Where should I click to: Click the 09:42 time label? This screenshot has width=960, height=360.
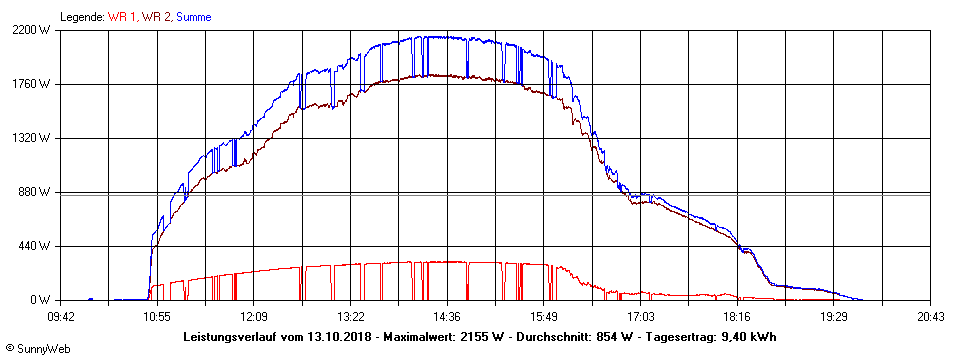61,316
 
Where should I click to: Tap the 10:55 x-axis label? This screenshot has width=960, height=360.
157,316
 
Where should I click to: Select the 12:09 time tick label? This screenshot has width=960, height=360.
254,316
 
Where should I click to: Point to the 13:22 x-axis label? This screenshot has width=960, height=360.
350,316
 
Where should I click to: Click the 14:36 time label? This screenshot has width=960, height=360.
447,316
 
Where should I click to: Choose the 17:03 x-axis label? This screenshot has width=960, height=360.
640,316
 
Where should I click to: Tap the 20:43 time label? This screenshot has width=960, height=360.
930,316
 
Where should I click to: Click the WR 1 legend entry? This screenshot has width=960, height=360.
122,17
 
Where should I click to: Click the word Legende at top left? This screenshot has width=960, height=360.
81,17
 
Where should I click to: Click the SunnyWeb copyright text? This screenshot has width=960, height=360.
37,349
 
